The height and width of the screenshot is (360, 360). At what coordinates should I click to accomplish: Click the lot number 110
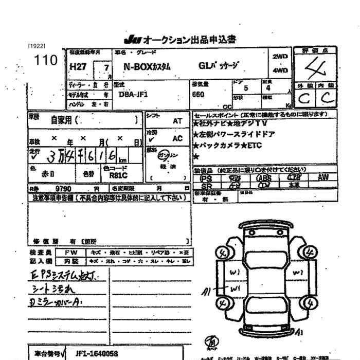45,60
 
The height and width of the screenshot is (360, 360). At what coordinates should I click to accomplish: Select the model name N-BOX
139,66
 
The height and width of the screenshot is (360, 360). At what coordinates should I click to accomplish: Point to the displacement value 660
198,95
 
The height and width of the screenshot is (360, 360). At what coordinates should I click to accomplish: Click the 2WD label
280,57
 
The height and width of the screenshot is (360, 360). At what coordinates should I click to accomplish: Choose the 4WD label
280,70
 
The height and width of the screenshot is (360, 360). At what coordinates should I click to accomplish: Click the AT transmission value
177,121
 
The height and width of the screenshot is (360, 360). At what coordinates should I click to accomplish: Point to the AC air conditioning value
177,139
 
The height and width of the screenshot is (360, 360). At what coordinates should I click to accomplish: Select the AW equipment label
323,177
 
